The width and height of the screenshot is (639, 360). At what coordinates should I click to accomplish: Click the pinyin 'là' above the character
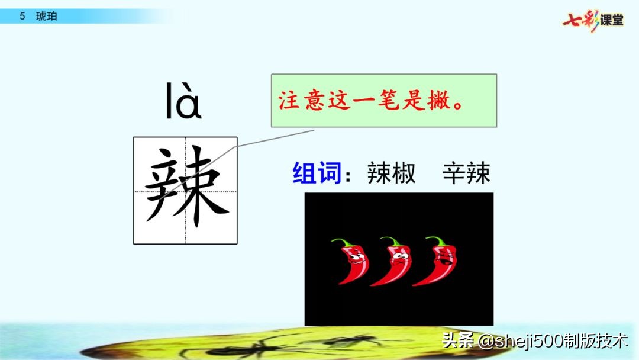click(183, 102)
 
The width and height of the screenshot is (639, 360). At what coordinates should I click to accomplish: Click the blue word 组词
click(317, 173)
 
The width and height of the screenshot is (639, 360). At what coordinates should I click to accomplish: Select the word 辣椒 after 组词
click(391, 173)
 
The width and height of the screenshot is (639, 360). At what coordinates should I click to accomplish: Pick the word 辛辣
click(466, 173)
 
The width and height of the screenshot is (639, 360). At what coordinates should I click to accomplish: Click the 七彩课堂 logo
click(593, 20)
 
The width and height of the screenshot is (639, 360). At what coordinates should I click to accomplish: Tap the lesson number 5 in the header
click(22, 17)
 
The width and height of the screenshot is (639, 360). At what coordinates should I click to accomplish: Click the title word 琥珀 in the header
click(47, 17)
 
